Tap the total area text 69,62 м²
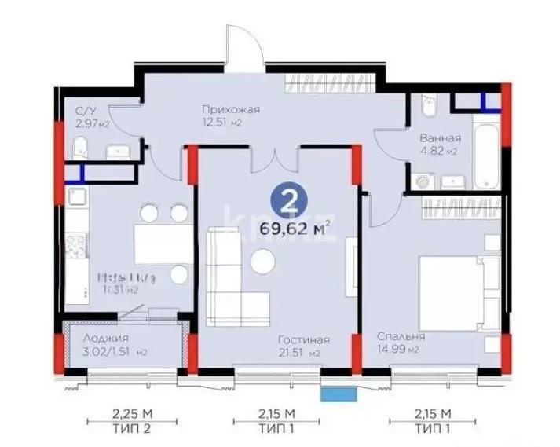click(x=295, y=229)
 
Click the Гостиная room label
click(x=303, y=339)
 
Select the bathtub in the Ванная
click(x=489, y=150)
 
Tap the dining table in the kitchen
click(x=162, y=244)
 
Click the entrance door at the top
click(x=243, y=47)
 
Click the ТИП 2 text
click(x=127, y=429)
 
